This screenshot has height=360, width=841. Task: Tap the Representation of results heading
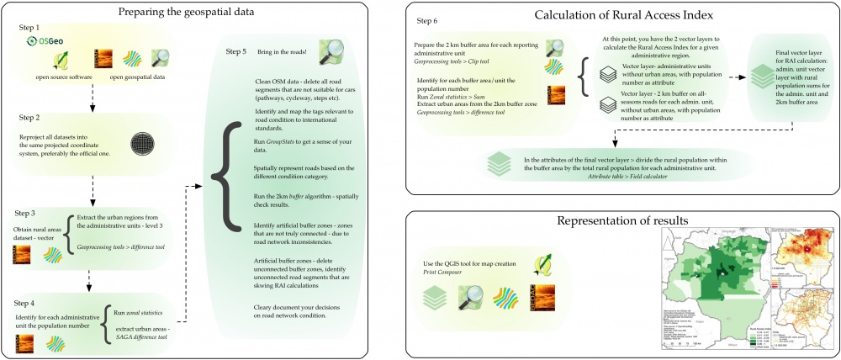[624, 221]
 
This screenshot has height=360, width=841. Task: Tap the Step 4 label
[29, 300]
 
